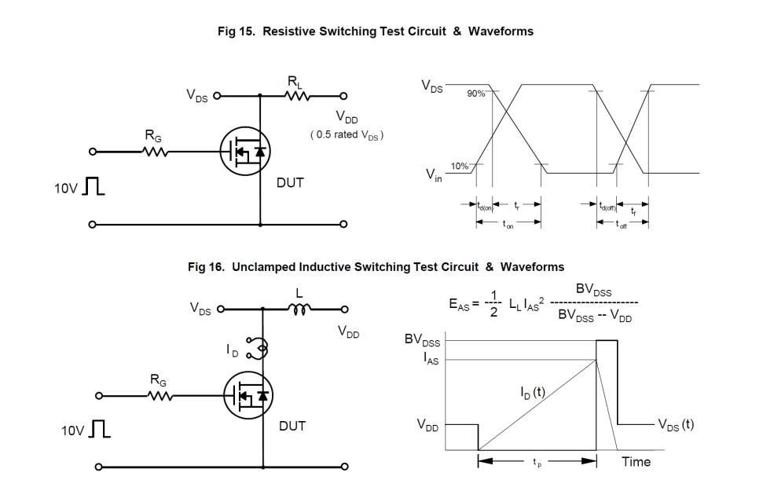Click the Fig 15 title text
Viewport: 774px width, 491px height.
[x=376, y=31]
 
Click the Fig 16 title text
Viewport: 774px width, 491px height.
[x=376, y=267]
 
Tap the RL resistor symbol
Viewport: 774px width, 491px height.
[x=299, y=97]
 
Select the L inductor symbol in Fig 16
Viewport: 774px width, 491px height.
[x=299, y=310]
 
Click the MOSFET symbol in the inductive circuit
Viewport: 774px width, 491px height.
[x=245, y=395]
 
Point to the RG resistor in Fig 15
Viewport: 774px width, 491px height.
[x=155, y=152]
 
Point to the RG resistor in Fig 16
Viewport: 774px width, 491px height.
[x=160, y=395]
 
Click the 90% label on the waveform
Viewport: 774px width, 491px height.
[x=476, y=93]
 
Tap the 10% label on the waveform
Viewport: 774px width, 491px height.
[x=460, y=166]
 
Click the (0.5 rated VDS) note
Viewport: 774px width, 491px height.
[x=347, y=135]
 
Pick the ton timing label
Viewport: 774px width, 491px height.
[x=508, y=225]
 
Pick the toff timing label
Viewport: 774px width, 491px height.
[x=623, y=225]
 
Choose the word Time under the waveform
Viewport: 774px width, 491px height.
[x=636, y=462]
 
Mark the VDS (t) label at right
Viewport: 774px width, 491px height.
[x=676, y=424]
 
